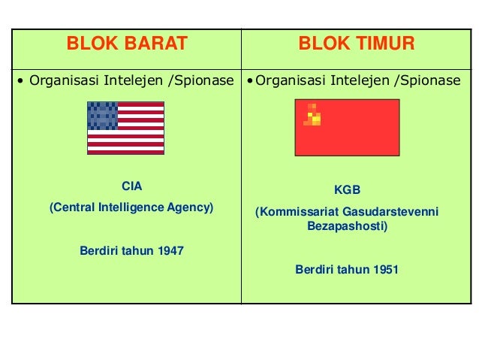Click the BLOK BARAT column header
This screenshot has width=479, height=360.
(127, 44)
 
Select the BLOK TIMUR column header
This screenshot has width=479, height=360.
(357, 44)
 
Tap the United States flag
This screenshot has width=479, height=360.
(125, 128)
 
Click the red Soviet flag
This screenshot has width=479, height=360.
(347, 127)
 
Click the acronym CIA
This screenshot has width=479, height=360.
(131, 186)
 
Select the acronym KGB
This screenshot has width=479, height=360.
(347, 191)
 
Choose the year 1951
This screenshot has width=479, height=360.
(385, 269)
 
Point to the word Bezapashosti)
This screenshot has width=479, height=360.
(348, 225)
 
